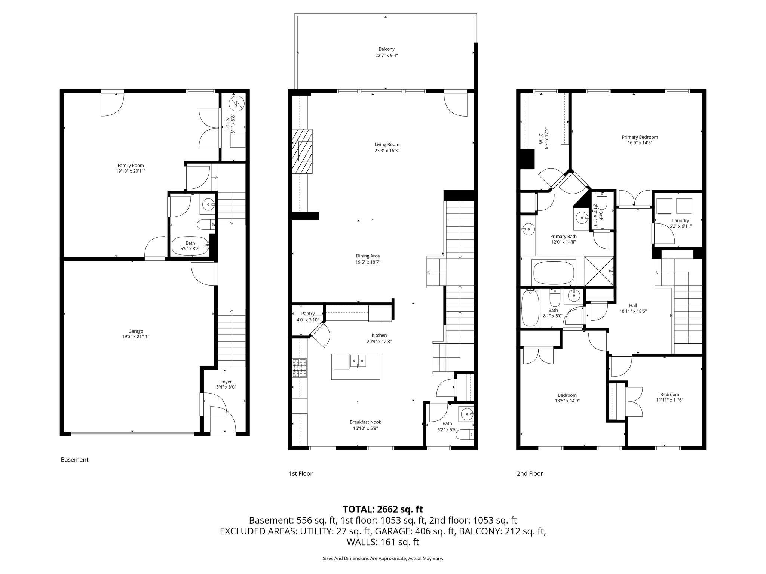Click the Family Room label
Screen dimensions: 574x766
point(131,166)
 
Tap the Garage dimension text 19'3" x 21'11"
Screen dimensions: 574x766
point(135,337)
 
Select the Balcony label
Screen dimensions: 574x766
point(386,49)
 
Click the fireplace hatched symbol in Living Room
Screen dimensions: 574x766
point(302,151)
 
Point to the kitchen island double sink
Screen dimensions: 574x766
point(358,361)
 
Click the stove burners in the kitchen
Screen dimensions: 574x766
point(300,368)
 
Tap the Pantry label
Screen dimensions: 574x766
point(308,314)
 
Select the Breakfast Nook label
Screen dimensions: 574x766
point(365,422)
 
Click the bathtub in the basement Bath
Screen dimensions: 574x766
point(190,246)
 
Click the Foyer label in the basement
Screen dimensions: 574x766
point(226,382)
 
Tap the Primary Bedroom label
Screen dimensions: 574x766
point(640,137)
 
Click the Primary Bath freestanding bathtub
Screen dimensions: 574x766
point(553,273)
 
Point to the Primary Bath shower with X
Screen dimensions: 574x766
point(599,271)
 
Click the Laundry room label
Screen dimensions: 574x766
point(680,220)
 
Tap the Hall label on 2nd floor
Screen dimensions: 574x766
point(633,305)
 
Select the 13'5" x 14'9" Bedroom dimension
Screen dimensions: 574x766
point(567,401)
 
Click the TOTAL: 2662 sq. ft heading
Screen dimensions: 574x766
point(383,509)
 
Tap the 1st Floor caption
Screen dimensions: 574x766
point(300,473)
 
